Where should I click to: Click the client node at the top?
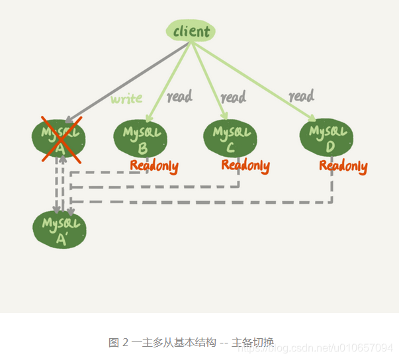click(x=191, y=31)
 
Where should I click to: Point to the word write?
click(x=126, y=99)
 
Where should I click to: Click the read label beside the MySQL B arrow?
click(x=179, y=97)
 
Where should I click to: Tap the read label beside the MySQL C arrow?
click(x=233, y=97)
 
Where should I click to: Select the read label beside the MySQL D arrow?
click(x=301, y=96)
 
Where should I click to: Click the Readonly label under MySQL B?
click(x=154, y=165)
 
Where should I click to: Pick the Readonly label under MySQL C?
click(x=245, y=165)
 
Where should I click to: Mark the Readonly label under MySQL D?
click(x=343, y=165)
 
